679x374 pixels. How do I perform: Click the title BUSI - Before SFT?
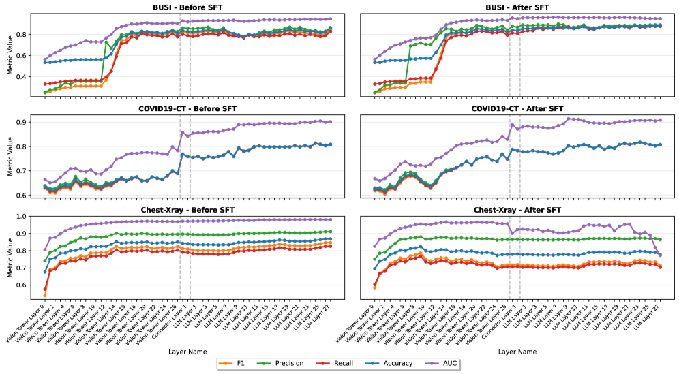coord(187,6)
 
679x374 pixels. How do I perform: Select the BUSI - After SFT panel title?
coord(517,6)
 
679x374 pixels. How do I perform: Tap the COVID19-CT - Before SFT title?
coord(187,109)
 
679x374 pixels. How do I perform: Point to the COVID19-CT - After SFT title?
coord(517,109)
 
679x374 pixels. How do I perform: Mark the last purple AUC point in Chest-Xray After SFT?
coord(660,255)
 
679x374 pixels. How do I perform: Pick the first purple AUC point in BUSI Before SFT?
coord(45,60)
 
